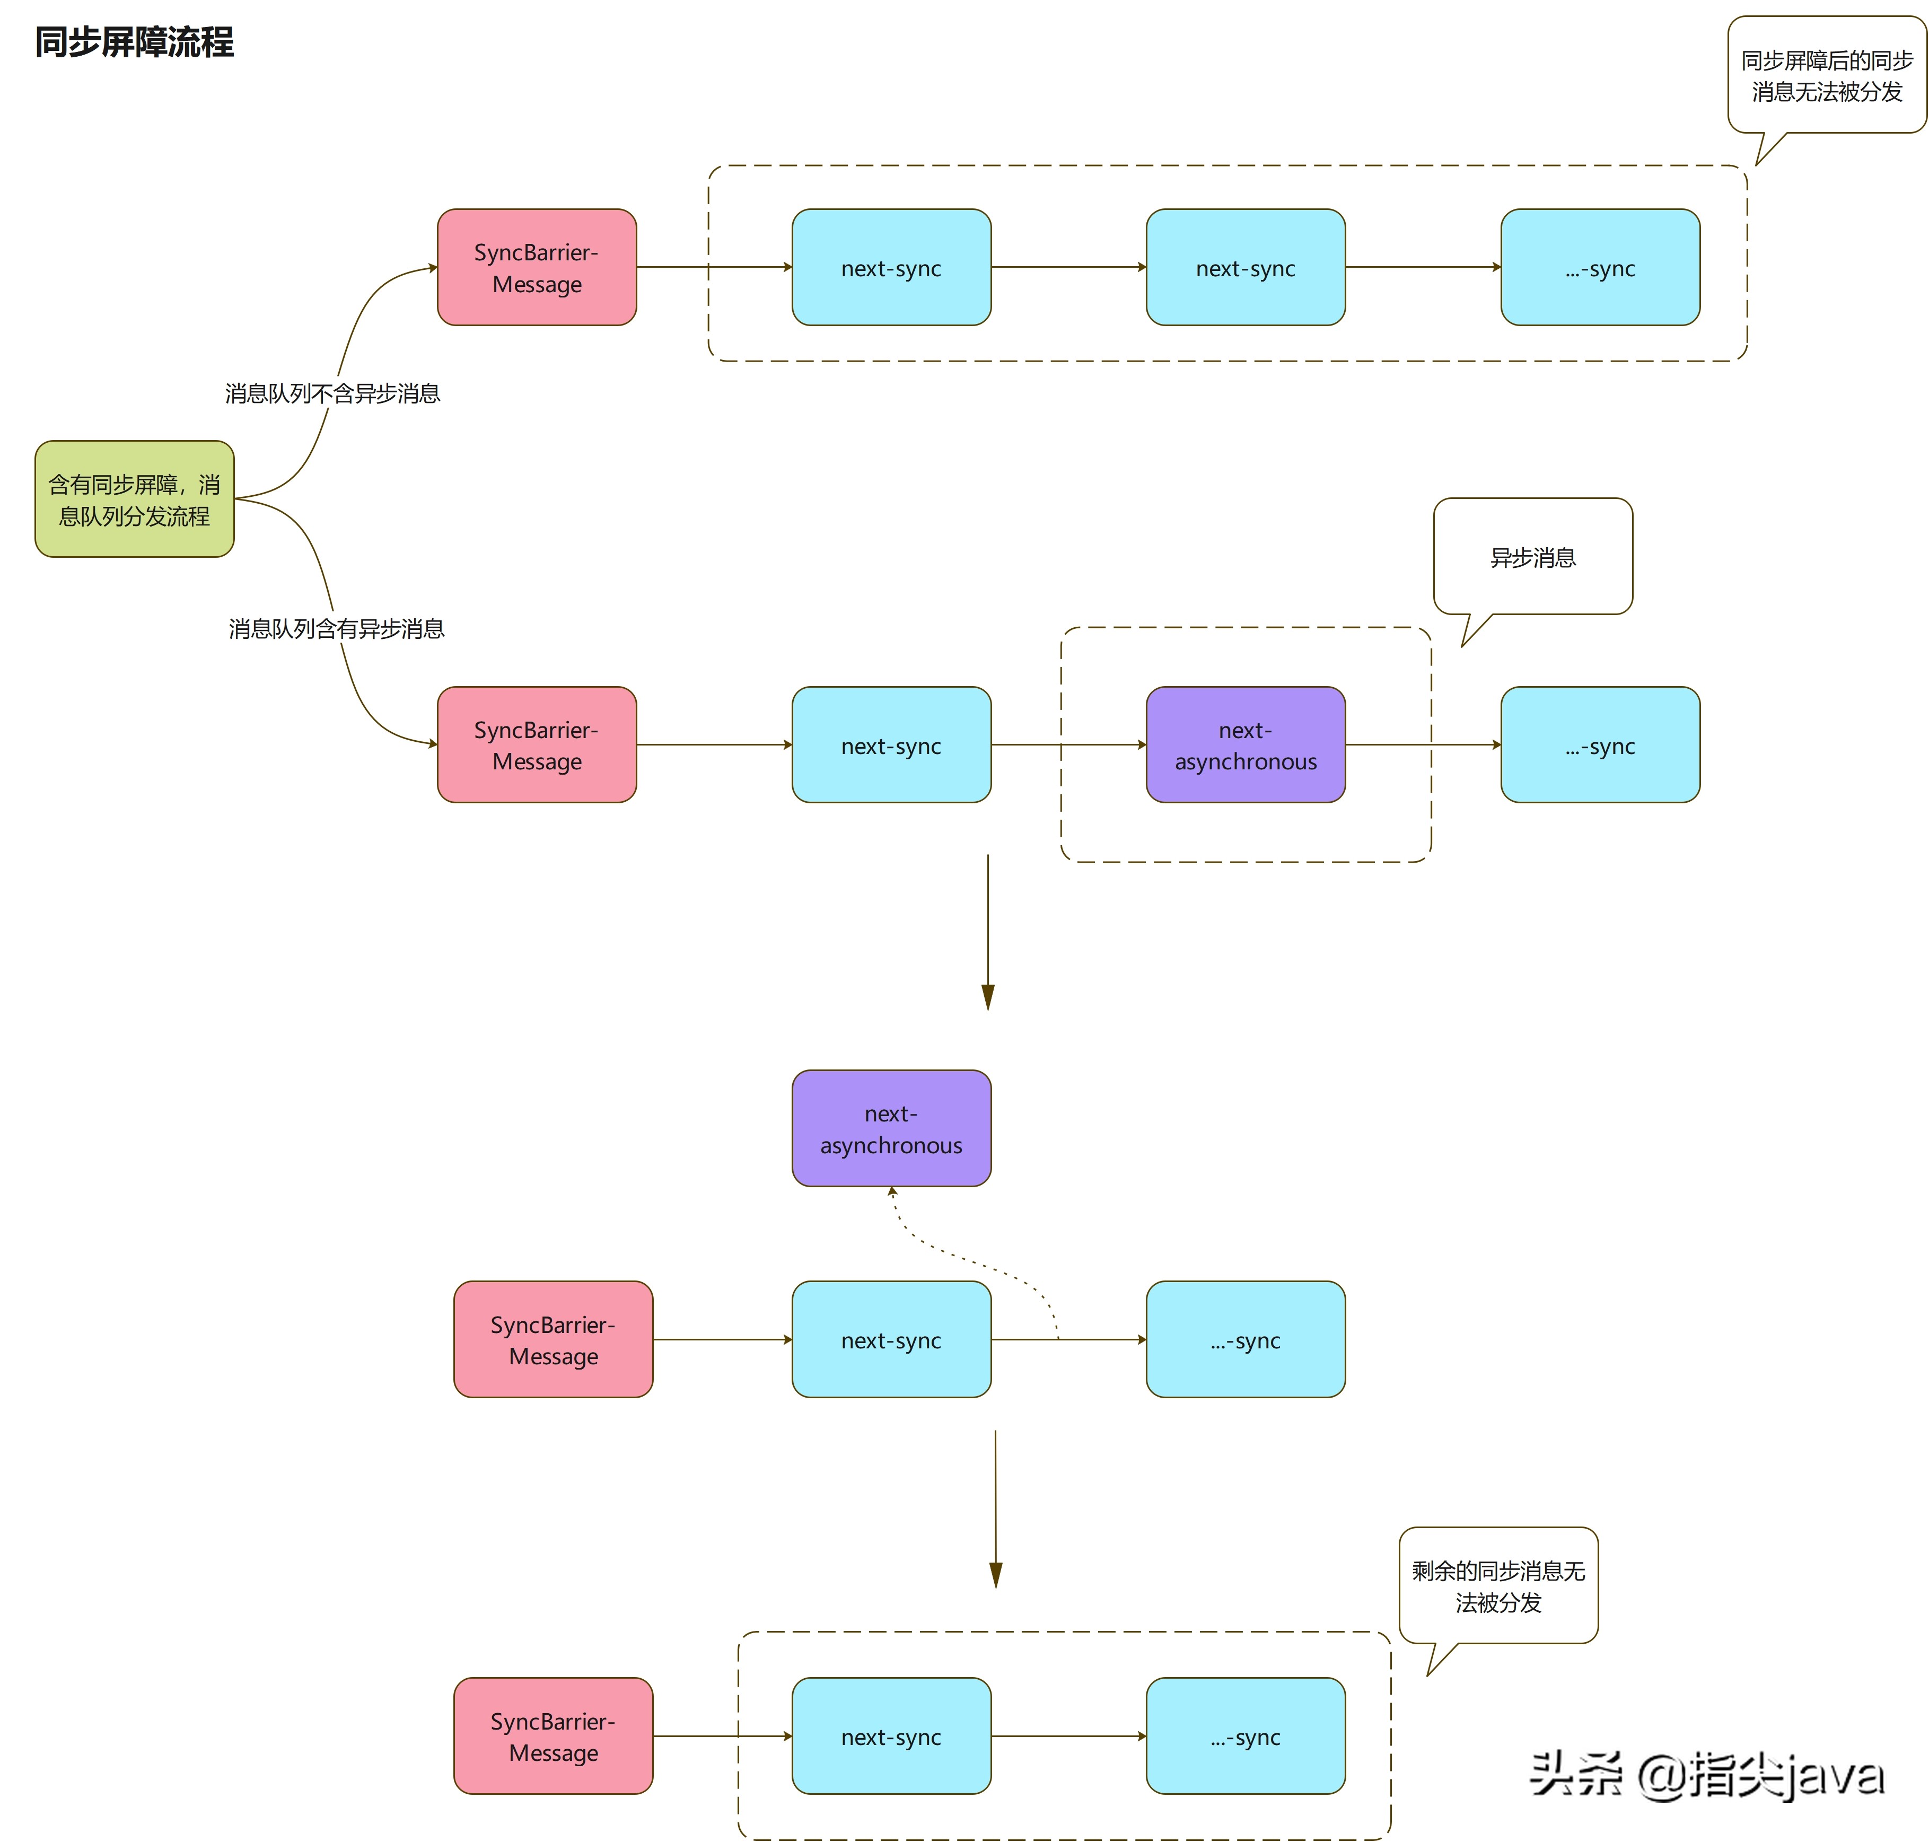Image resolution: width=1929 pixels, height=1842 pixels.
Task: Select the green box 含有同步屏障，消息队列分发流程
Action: coord(135,499)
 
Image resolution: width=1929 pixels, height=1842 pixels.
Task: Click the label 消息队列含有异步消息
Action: coord(336,628)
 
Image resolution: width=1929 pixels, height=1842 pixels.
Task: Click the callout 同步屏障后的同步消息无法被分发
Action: coord(1826,76)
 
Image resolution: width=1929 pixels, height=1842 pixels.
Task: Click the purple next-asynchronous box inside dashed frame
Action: coord(1245,745)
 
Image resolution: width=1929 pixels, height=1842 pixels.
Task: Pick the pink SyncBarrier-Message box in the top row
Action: coord(536,267)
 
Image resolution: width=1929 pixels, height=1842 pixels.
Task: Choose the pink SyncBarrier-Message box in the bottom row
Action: coord(553,1736)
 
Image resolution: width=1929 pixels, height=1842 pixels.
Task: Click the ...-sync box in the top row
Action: coord(1599,267)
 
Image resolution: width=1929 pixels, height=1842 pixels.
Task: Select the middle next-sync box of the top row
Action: coord(1245,267)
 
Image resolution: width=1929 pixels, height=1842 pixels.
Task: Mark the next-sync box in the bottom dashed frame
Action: coord(890,1736)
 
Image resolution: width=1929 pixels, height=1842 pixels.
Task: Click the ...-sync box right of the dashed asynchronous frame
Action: coord(1599,745)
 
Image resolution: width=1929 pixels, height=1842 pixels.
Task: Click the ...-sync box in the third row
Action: coord(1245,1339)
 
